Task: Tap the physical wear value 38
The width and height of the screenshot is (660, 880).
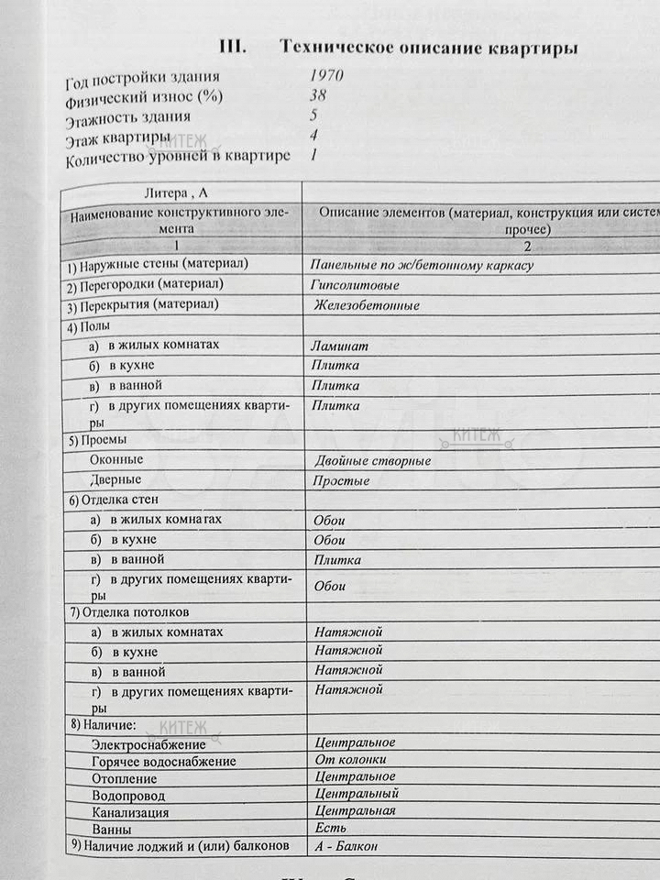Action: [317, 95]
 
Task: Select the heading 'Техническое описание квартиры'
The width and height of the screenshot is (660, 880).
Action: [430, 48]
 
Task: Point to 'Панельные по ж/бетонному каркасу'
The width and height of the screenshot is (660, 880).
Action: [422, 265]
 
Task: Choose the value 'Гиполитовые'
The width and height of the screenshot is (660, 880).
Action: [356, 285]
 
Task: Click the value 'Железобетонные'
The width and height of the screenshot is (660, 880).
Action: [366, 305]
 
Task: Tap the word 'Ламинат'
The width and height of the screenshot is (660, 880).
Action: [339, 346]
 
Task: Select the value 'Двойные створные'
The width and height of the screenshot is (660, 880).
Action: [372, 461]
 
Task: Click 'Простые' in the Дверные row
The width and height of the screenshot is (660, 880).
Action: [341, 480]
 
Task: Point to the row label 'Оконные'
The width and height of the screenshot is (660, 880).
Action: [117, 458]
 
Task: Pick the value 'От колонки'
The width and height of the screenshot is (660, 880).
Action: [349, 760]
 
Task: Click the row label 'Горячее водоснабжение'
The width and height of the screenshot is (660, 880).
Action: [164, 762]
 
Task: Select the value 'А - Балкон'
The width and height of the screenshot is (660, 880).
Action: [345, 846]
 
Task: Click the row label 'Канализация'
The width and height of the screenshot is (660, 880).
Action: [130, 812]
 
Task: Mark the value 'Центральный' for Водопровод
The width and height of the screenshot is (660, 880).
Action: [356, 794]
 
